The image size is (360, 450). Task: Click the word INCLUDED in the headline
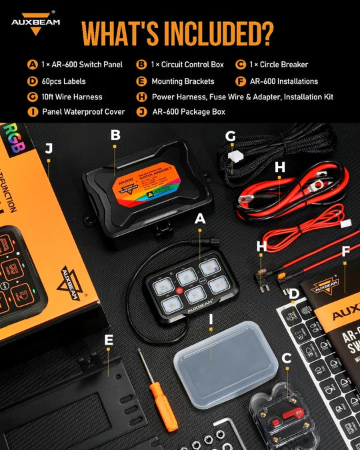coord(227,32)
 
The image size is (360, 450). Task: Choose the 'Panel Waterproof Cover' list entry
coord(83,111)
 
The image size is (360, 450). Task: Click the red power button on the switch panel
coord(179,291)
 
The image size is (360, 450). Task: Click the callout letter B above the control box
coord(115,135)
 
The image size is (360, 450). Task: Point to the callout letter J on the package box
coord(48,148)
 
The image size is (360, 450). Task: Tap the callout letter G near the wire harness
coord(231,137)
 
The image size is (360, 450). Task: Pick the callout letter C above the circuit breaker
coord(286,359)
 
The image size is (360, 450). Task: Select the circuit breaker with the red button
coord(281,417)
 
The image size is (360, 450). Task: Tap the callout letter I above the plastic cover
coord(211,319)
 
